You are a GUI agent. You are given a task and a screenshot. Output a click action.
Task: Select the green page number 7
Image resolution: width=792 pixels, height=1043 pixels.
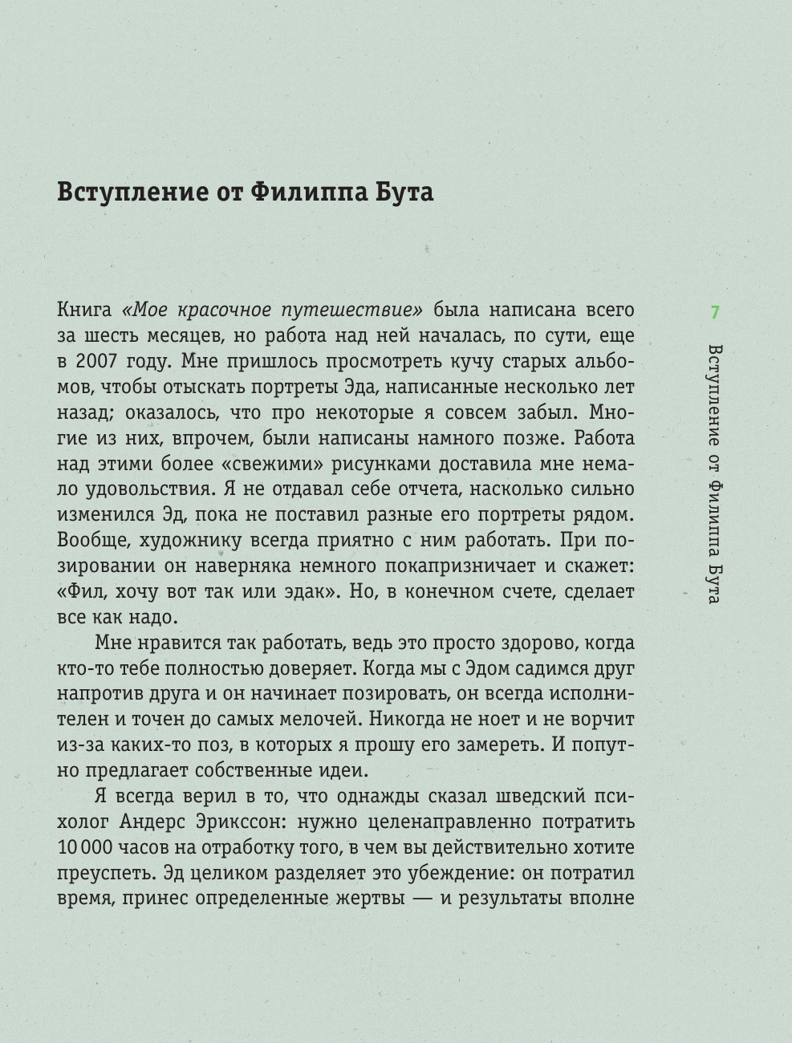tap(715, 313)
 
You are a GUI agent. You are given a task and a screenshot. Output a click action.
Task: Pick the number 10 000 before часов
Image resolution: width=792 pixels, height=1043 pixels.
tap(84, 848)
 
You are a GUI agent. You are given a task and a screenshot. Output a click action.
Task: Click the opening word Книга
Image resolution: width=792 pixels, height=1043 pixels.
tap(84, 310)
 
